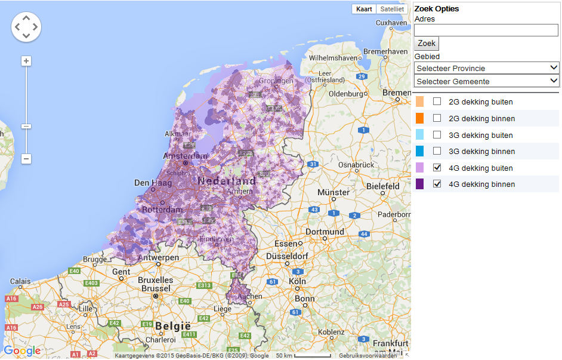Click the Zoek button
pyautogui.click(x=427, y=44)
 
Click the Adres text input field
pyautogui.click(x=486, y=30)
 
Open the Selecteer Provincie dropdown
pyautogui.click(x=486, y=68)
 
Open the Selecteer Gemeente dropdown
pyautogui.click(x=486, y=81)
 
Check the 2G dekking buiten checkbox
pyautogui.click(x=437, y=101)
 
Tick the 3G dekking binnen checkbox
pyautogui.click(x=437, y=151)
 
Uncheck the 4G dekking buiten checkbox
pyautogui.click(x=437, y=168)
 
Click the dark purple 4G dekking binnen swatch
pyautogui.click(x=420, y=184)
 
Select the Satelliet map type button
pyautogui.click(x=392, y=9)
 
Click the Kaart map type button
pyautogui.click(x=364, y=9)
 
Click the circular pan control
pyautogui.click(x=26, y=27)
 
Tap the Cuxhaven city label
pyautogui.click(x=391, y=23)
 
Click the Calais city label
pyautogui.click(x=20, y=281)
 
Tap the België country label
pyautogui.click(x=172, y=326)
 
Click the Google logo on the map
pyautogui.click(x=22, y=350)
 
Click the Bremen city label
pyautogui.click(x=397, y=93)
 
